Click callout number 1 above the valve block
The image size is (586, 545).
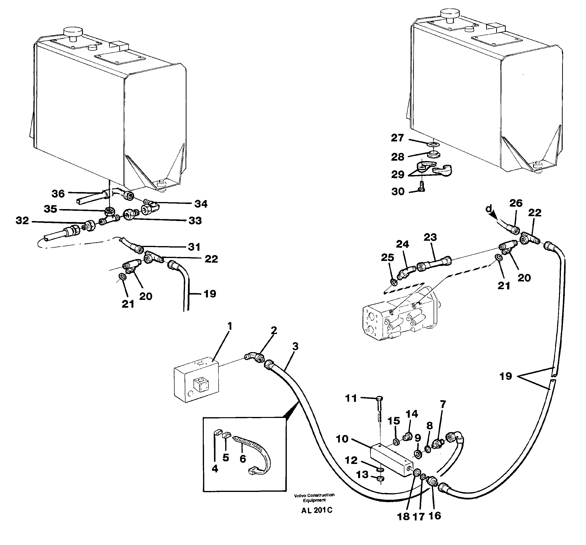[x=230, y=326]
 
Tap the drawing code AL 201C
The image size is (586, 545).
[x=316, y=510]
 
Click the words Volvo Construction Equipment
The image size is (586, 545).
[x=314, y=498]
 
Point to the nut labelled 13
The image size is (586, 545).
[x=380, y=479]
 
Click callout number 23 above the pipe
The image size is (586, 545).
[x=430, y=237]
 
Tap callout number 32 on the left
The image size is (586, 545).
[x=22, y=221]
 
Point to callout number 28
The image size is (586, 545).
[x=397, y=157]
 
